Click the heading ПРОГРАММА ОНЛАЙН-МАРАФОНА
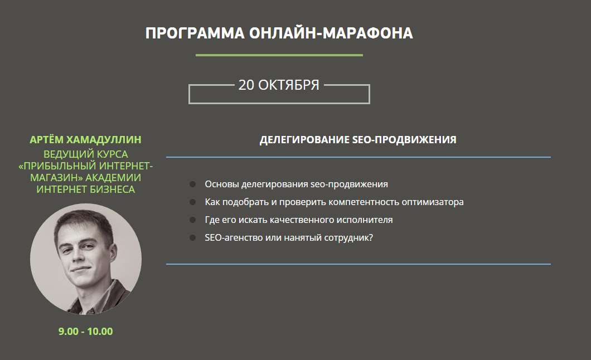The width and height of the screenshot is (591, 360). point(279,33)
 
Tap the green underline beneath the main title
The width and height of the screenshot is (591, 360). point(279,55)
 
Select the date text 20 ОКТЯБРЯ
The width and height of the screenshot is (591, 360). point(279,85)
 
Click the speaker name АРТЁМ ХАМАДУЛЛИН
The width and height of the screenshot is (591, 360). point(85,140)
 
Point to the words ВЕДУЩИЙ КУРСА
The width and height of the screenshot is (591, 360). point(85,154)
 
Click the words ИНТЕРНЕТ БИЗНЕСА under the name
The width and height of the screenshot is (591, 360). point(85,189)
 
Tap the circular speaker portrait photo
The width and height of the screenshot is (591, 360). point(86,259)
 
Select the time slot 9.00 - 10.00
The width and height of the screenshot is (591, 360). point(85,332)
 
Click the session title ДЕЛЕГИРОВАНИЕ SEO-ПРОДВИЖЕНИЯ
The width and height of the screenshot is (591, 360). point(358,140)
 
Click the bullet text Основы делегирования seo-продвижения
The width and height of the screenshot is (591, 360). point(296,184)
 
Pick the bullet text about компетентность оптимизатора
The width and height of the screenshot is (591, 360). point(335,202)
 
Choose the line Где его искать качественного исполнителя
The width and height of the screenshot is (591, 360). point(298,220)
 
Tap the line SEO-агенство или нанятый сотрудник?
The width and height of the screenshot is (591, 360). point(289,237)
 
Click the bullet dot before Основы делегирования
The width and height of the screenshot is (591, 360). point(192,184)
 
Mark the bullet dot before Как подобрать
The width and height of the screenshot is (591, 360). point(192,202)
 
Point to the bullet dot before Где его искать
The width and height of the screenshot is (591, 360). point(192,220)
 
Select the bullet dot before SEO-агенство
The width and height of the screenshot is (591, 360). point(192,237)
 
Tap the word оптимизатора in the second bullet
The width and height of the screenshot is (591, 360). point(433,202)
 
